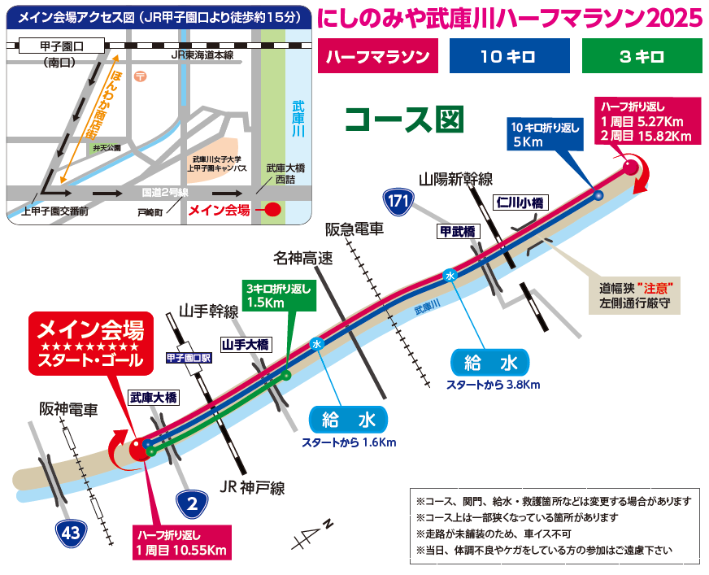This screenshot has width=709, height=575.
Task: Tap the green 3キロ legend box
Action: pos(641,57)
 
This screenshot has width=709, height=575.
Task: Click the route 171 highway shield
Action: pos(396,201)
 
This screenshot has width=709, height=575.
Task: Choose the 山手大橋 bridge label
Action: pos(246,344)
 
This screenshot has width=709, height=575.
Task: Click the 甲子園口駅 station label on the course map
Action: pos(189,356)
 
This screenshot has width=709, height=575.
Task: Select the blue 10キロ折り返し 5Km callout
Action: pos(545,134)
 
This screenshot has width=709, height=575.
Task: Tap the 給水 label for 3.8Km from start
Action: pos(490,362)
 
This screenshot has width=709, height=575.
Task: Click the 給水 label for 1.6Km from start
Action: pos(348,420)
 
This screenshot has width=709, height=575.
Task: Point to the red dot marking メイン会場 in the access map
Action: pos(273,209)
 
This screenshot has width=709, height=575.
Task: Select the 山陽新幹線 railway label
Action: pos(456,179)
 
